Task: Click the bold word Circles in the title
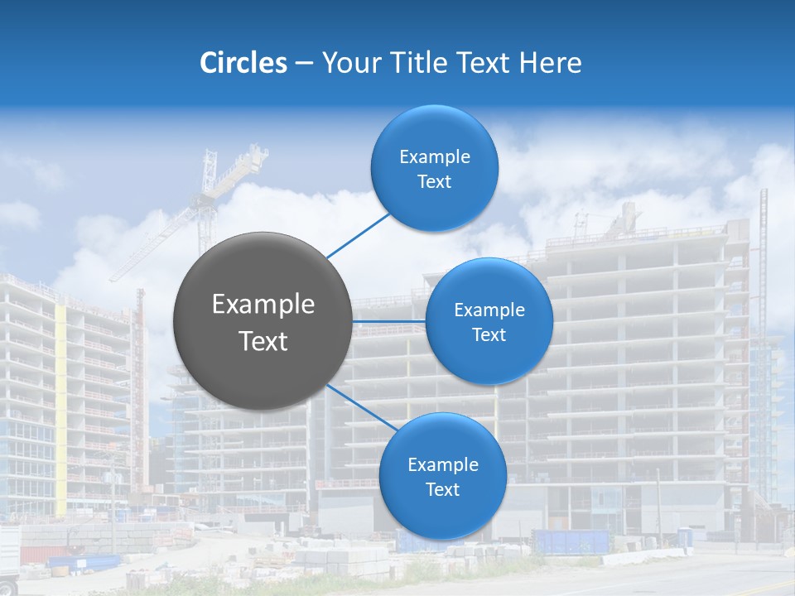tap(243, 63)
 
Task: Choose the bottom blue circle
tap(442, 513)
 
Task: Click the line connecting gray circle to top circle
tap(358, 235)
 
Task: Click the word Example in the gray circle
tap(263, 305)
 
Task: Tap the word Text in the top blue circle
tap(434, 182)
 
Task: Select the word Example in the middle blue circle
tap(489, 310)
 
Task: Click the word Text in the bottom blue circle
tap(442, 489)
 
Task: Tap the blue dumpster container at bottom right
tap(571, 542)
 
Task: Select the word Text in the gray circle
tap(263, 341)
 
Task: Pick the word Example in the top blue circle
tap(435, 157)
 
